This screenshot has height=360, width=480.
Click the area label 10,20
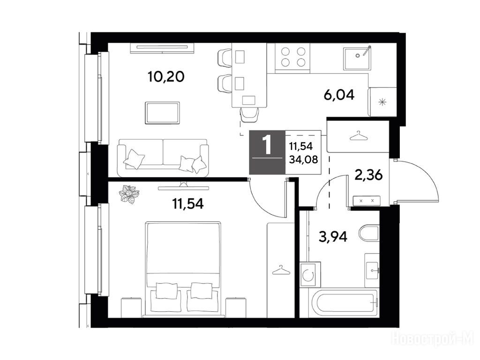[x=166, y=76]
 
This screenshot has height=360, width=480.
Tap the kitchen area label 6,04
[x=339, y=95]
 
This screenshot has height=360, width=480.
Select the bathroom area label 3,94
[x=333, y=236]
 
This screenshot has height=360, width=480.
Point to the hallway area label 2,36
[x=368, y=175]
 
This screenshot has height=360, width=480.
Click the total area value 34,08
[x=303, y=159]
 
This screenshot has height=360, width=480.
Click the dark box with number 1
[x=267, y=152]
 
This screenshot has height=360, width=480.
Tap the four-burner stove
[x=292, y=58]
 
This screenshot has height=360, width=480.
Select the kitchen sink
[x=357, y=58]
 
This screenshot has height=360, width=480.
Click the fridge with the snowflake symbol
[x=382, y=102]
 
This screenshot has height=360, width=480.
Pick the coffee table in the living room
[x=162, y=112]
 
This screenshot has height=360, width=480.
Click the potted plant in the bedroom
[x=129, y=194]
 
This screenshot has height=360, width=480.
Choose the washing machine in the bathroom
[x=310, y=274]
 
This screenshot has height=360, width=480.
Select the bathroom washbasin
[x=372, y=270]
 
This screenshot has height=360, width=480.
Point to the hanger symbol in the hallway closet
[x=358, y=136]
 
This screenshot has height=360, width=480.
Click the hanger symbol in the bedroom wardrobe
[x=281, y=270]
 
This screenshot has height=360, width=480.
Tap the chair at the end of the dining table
[x=249, y=115]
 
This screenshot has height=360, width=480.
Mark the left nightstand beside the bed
[x=131, y=307]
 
